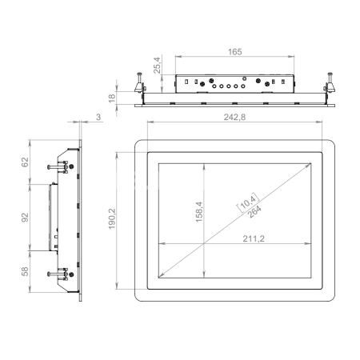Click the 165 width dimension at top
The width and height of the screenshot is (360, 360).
tap(235, 51)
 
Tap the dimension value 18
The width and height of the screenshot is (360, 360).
tap(112, 97)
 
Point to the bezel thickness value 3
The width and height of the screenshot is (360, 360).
tap(98, 117)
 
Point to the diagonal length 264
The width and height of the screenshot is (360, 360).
tap(254, 210)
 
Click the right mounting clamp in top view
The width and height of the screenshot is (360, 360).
tap(329, 84)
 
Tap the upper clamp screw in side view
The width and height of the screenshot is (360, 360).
tap(61, 166)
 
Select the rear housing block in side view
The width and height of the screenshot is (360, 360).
tap(53, 214)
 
